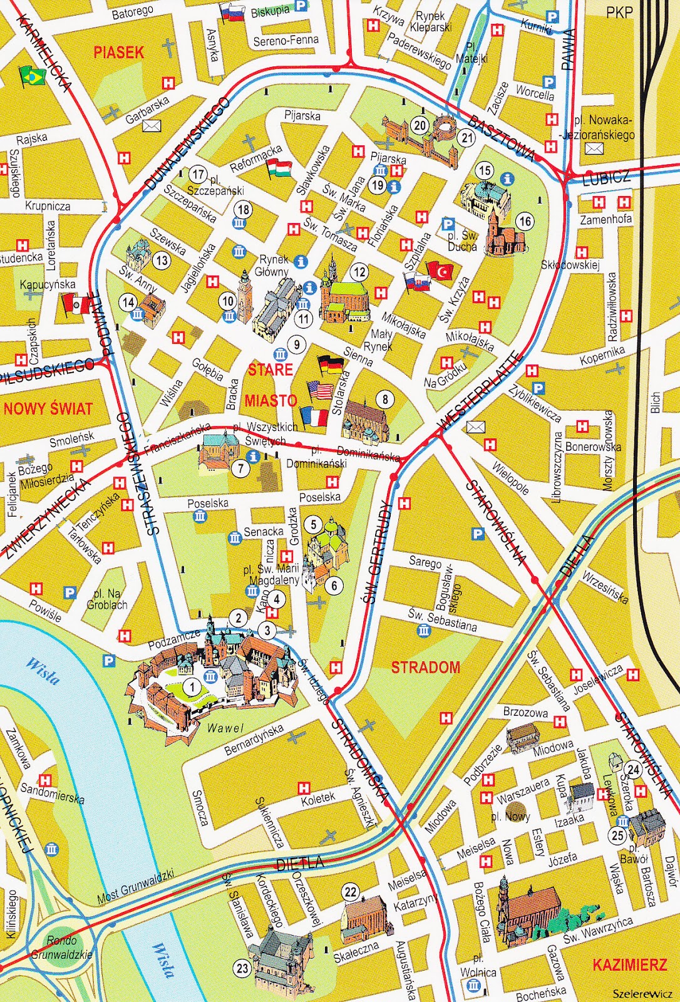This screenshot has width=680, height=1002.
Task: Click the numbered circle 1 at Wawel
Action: click(x=192, y=687)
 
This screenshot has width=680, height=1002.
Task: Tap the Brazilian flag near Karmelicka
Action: click(x=32, y=76)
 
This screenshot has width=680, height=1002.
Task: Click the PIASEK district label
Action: click(x=118, y=52)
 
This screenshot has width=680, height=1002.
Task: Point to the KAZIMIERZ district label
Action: click(x=629, y=965)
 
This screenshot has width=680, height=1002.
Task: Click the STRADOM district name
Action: click(x=425, y=667)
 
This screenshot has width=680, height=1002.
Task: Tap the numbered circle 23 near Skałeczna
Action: click(x=242, y=968)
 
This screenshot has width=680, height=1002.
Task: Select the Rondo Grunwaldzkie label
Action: click(x=62, y=948)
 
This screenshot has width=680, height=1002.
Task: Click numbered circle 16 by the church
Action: click(x=525, y=220)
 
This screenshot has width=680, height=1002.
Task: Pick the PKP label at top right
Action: click(x=619, y=12)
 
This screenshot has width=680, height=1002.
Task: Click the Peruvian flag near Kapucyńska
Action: click(x=76, y=306)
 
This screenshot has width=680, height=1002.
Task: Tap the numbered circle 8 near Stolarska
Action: click(x=385, y=399)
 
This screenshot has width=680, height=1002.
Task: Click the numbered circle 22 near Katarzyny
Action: click(x=351, y=892)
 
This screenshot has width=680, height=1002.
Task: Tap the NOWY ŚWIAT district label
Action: click(x=48, y=409)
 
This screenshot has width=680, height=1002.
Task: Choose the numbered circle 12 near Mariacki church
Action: click(x=359, y=272)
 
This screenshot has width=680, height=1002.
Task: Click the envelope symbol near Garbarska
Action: click(x=152, y=126)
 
